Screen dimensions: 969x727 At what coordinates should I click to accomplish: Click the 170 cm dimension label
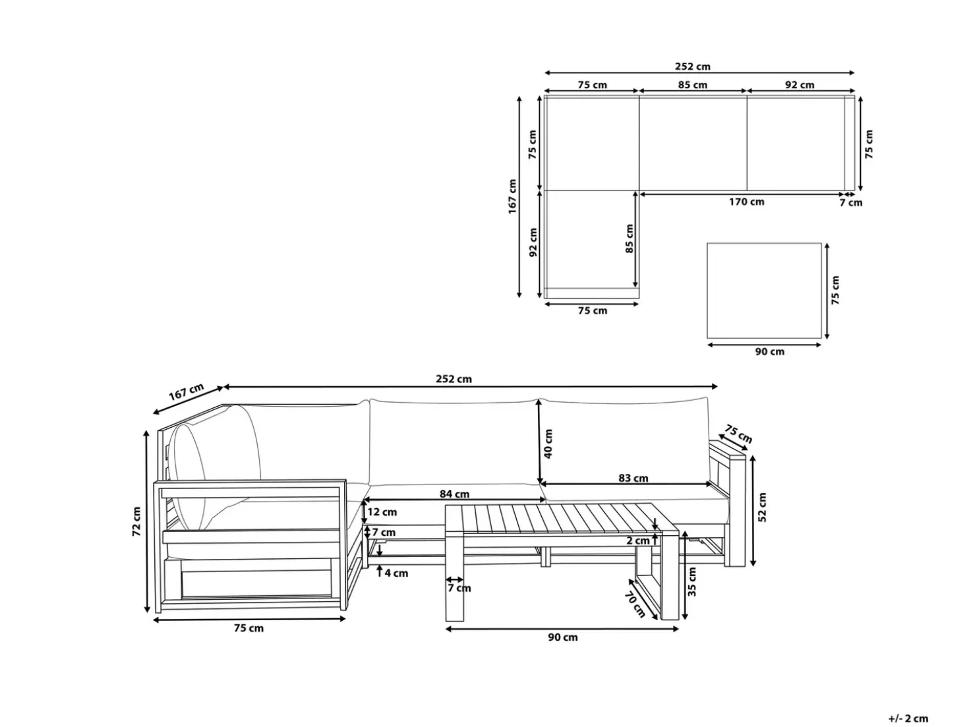click(x=746, y=202)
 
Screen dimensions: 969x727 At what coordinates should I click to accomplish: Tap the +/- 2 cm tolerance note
click(x=908, y=718)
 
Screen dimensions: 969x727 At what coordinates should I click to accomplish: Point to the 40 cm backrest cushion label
click(x=548, y=444)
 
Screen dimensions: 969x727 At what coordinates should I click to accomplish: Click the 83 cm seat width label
click(x=633, y=478)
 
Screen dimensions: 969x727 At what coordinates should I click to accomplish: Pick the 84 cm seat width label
click(x=454, y=494)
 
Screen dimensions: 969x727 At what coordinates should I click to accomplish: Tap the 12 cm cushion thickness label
click(x=382, y=512)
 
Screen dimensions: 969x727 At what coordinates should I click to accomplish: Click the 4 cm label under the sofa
click(x=396, y=573)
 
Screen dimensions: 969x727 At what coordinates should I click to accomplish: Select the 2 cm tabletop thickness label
click(x=638, y=540)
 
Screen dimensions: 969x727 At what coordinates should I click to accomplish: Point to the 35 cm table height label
click(x=691, y=581)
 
